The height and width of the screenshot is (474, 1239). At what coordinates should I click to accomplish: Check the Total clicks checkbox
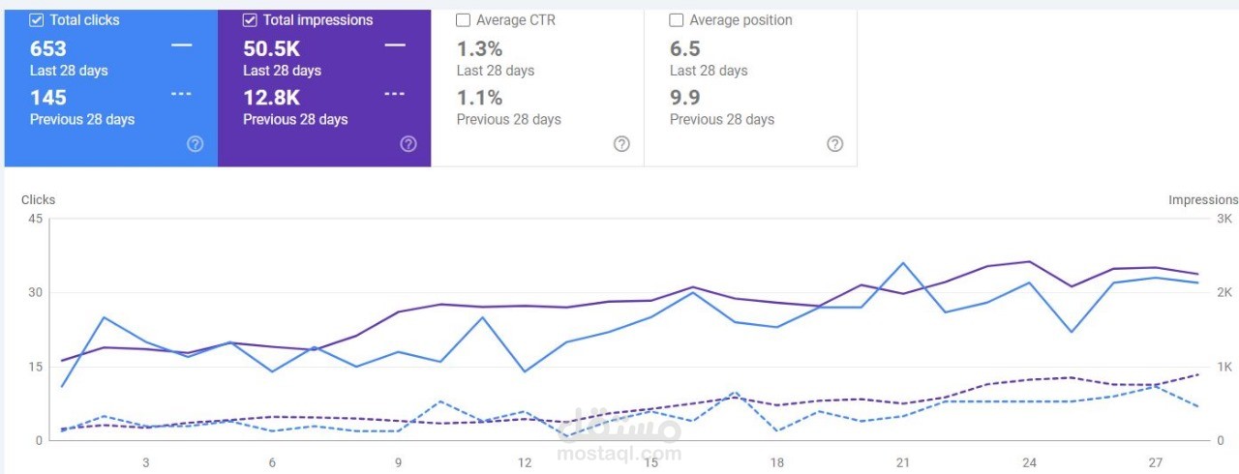pos(37,20)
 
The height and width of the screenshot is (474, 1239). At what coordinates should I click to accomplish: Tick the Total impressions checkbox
pos(250,20)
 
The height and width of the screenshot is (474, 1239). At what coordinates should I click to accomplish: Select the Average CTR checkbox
pos(463,20)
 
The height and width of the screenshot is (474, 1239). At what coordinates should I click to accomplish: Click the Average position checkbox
pos(676,20)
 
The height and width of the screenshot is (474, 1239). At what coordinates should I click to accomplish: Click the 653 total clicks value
pos(48,48)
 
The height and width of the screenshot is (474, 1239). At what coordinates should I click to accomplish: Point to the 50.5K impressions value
pos(272,48)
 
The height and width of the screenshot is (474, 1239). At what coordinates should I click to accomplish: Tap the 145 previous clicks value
pos(48,98)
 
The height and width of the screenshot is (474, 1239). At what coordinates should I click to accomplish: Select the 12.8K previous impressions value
pos(272,98)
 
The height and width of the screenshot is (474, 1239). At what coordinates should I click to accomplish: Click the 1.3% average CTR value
pos(479,48)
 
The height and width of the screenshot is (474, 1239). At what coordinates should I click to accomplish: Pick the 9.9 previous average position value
pos(684,98)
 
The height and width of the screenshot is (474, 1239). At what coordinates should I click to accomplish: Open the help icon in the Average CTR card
pos(621,144)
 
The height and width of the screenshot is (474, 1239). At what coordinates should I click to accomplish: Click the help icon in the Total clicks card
pos(195,144)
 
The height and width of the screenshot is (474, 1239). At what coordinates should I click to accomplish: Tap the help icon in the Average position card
pos(834,144)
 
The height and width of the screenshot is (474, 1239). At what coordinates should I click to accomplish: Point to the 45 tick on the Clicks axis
pos(36,219)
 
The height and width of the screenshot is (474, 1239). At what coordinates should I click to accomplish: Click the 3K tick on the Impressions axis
pos(1224,219)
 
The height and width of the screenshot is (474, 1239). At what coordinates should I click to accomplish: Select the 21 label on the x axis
pos(903,462)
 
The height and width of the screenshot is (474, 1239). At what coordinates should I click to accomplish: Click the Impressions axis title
pos(1203,199)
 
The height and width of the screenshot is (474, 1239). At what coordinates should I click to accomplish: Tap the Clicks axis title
pos(38,199)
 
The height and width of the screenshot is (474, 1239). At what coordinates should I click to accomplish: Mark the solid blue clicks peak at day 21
pos(903,263)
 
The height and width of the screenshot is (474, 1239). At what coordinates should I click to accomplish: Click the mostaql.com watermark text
pos(619,454)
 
